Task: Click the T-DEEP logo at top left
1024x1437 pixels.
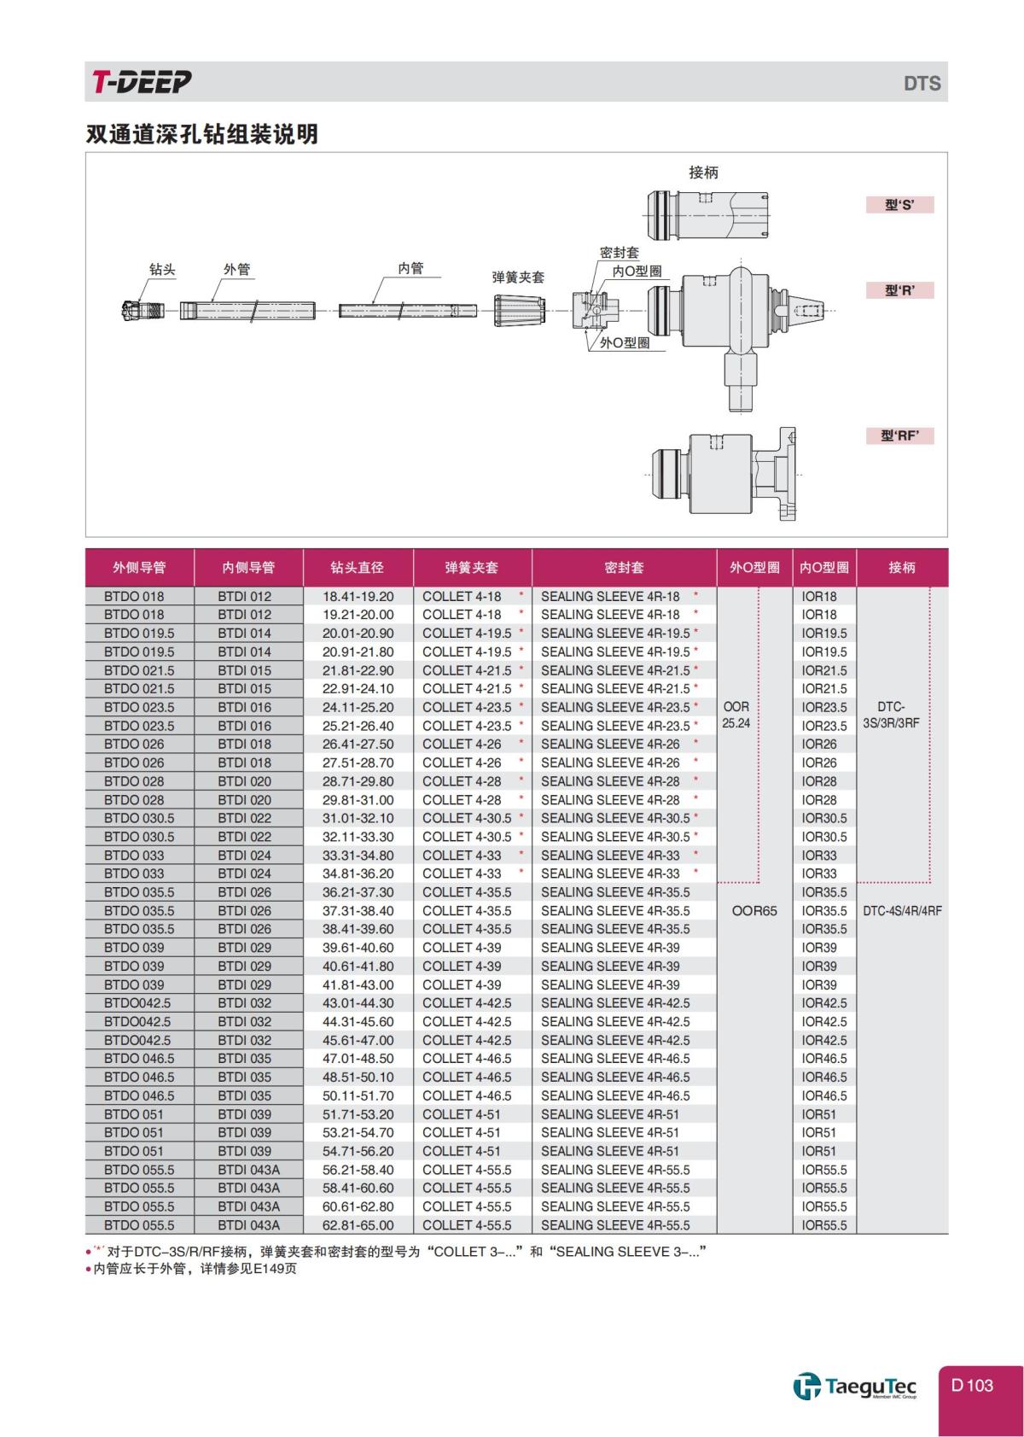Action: point(142,82)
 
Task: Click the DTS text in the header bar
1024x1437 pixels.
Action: point(922,84)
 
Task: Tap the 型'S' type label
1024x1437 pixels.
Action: point(899,205)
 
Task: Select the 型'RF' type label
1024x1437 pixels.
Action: point(899,435)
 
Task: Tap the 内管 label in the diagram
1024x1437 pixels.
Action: point(410,268)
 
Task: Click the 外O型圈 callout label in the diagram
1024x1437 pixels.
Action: point(625,342)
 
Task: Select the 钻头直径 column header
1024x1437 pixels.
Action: point(358,567)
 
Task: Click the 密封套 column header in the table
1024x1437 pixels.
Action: point(624,567)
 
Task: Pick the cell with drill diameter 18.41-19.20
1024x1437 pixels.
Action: point(358,596)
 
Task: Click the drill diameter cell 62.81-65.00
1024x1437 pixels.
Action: point(358,1225)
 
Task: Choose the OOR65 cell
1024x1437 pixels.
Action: point(754,910)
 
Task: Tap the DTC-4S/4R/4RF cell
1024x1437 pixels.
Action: point(902,910)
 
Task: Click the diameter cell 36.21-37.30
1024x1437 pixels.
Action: point(358,892)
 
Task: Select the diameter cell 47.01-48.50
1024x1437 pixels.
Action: point(358,1059)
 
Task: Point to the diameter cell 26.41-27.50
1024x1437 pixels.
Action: point(358,744)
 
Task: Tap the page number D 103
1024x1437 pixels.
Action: point(972,1385)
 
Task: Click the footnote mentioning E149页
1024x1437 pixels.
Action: point(194,1269)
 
